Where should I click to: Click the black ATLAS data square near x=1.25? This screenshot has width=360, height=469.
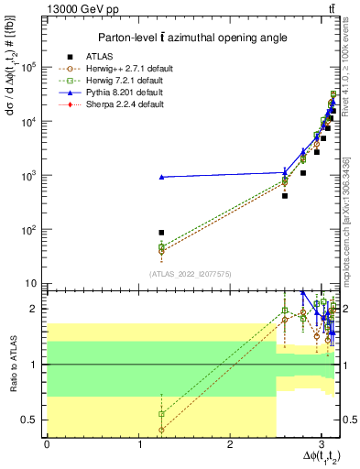161,233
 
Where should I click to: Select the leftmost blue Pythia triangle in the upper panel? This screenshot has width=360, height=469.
161,177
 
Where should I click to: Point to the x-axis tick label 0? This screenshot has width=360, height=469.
47,444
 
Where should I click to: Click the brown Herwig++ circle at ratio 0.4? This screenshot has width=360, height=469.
161,430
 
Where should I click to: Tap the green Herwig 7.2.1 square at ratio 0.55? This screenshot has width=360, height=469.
161,414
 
